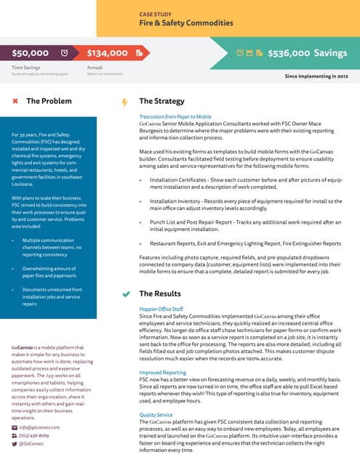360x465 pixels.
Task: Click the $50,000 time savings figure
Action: (31, 53)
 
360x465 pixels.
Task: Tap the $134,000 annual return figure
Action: (107, 53)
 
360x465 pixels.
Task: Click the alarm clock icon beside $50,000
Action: (64, 53)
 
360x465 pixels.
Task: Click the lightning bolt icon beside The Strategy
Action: (124, 102)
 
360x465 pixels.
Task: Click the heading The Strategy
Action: (161, 101)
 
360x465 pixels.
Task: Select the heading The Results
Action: (159, 294)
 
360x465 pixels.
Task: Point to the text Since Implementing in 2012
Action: (316, 75)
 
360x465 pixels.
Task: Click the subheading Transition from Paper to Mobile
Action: (175, 117)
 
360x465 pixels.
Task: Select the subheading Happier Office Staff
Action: (161, 310)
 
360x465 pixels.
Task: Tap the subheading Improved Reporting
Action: (163, 372)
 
